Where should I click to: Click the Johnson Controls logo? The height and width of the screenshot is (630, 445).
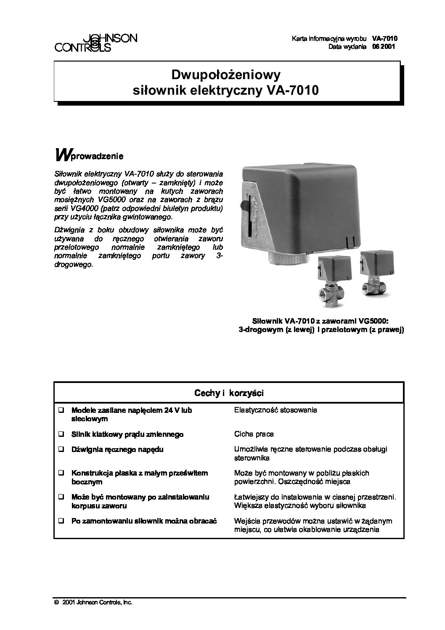(x=96, y=43)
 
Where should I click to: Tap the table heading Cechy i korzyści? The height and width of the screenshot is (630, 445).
(x=229, y=393)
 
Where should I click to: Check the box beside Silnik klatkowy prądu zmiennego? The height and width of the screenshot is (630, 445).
(x=61, y=434)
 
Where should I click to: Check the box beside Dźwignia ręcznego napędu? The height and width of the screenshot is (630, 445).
(x=61, y=449)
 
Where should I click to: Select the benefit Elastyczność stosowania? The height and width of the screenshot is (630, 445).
(x=275, y=410)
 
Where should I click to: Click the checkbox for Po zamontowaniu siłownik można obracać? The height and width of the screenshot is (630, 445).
(x=61, y=521)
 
